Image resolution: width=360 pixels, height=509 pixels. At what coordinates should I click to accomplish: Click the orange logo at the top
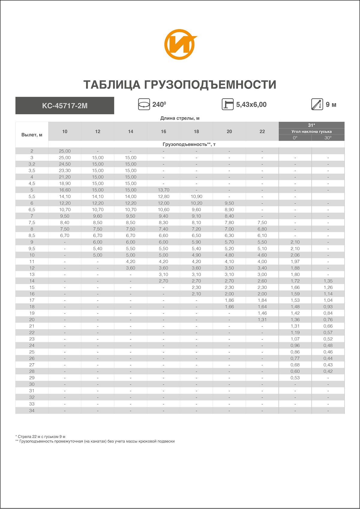(x=180, y=44)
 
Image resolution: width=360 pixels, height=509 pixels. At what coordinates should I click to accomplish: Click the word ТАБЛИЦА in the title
(x=112, y=85)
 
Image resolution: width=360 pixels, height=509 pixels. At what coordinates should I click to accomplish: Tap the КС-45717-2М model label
(x=65, y=106)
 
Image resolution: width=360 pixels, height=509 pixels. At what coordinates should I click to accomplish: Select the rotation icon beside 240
(x=144, y=104)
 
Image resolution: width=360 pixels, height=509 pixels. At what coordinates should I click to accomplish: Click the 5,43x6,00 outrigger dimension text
(x=251, y=105)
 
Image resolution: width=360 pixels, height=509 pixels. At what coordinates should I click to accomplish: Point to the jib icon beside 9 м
(x=317, y=104)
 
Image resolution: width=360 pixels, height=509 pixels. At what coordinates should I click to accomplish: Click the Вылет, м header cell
(x=32, y=135)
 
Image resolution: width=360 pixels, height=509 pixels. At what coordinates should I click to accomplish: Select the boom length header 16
(x=163, y=131)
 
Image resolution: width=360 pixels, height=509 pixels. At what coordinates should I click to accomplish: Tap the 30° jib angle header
(x=328, y=138)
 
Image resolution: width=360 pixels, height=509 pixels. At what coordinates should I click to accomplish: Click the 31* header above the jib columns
(x=311, y=125)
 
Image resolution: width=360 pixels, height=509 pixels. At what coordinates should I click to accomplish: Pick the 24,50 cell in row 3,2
(x=65, y=164)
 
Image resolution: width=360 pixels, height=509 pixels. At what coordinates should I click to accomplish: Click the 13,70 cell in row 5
(x=163, y=190)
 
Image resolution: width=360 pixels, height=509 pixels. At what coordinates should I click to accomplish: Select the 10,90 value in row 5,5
(x=196, y=196)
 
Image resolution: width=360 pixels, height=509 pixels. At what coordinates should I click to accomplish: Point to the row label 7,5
(x=32, y=223)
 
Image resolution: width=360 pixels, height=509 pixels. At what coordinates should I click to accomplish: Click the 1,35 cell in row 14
(x=328, y=281)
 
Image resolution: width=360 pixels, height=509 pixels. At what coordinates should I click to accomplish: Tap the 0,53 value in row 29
(x=295, y=378)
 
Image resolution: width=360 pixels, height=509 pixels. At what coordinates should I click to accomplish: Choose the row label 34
(x=32, y=411)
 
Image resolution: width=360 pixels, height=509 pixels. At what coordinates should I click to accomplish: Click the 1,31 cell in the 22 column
(x=262, y=320)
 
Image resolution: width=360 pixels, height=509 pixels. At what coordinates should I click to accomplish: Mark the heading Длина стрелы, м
(x=180, y=118)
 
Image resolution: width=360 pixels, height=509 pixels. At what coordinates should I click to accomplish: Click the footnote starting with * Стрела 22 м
(x=40, y=437)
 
